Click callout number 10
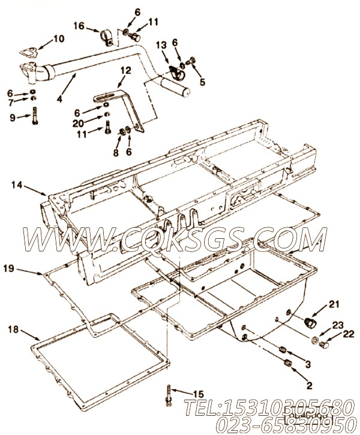tap(58, 39)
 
